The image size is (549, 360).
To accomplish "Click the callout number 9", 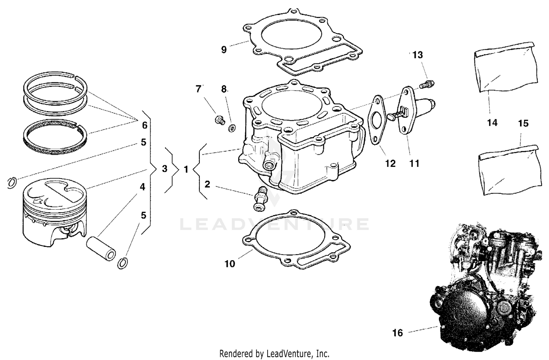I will tap(224, 50).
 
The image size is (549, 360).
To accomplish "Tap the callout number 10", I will tap(229, 264).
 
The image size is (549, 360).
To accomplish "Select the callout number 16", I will tap(397, 333).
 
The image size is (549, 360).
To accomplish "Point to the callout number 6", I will tap(145, 125).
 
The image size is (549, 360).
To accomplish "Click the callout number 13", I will tap(418, 55).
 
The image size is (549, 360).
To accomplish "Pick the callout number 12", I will tap(391, 164).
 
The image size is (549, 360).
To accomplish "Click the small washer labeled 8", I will tap(232, 128).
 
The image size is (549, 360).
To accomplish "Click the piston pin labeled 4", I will tap(101, 249).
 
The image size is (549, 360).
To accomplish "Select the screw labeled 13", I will tap(427, 84).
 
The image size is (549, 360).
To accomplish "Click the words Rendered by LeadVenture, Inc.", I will tap(274, 354).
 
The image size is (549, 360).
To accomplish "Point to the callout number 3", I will tap(165, 169).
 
